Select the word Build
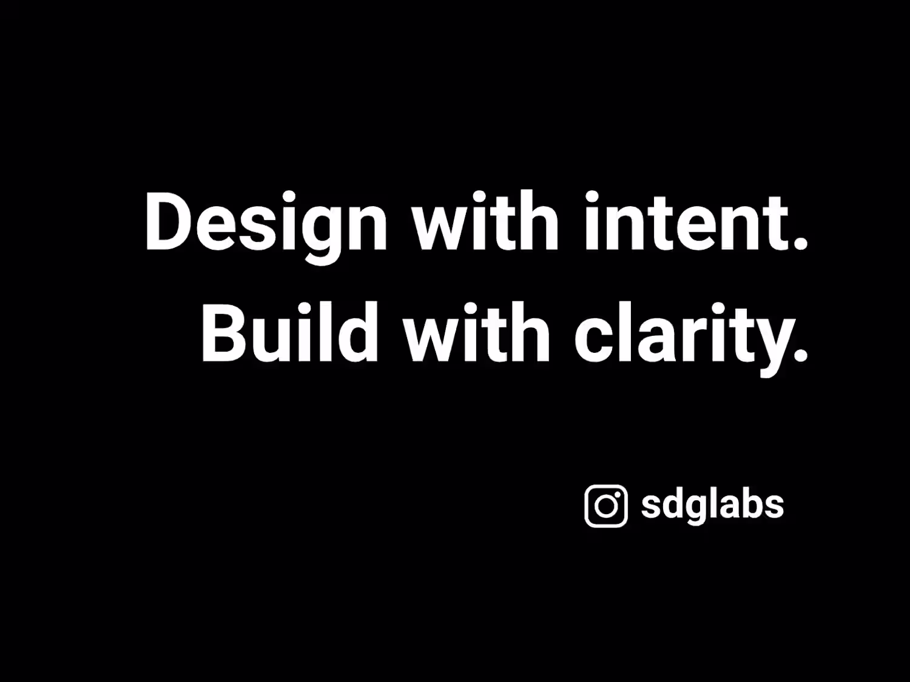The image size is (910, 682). point(290,333)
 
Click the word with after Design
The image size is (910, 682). point(486,221)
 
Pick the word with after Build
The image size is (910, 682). point(477,332)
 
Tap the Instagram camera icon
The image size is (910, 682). point(605,506)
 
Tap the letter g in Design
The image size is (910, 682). point(322,236)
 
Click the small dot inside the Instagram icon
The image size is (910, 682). point(618,495)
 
